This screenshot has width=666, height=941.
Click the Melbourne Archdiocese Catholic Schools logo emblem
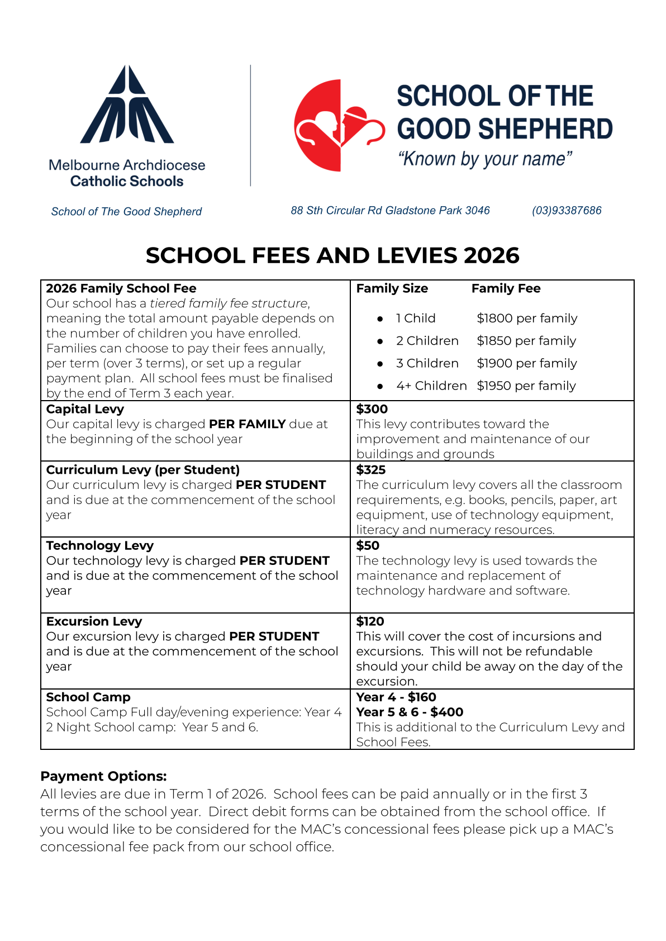tap(127, 104)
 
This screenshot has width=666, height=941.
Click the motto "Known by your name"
tap(485, 159)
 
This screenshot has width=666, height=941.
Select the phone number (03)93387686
tap(567, 211)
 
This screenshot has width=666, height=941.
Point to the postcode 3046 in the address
tap(477, 211)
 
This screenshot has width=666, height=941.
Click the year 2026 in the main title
tap(491, 255)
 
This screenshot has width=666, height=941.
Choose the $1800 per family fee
tap(527, 319)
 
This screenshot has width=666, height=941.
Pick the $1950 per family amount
tap(526, 386)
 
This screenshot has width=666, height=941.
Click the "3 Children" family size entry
tap(427, 363)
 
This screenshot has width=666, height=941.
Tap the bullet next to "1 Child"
tap(380, 319)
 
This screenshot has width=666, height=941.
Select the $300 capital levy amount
tap(372, 409)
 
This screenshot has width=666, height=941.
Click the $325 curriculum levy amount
tap(371, 470)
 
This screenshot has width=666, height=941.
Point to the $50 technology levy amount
tap(368, 545)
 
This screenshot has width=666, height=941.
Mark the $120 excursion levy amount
tap(370, 621)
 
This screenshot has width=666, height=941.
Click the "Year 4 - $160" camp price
tap(396, 697)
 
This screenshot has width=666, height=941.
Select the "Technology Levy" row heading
tap(99, 545)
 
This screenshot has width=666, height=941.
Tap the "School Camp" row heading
tap(88, 697)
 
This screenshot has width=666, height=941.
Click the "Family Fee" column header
tap(506, 288)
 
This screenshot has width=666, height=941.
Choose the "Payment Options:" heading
tap(103, 776)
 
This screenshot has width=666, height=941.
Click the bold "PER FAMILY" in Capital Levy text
tap(247, 424)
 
